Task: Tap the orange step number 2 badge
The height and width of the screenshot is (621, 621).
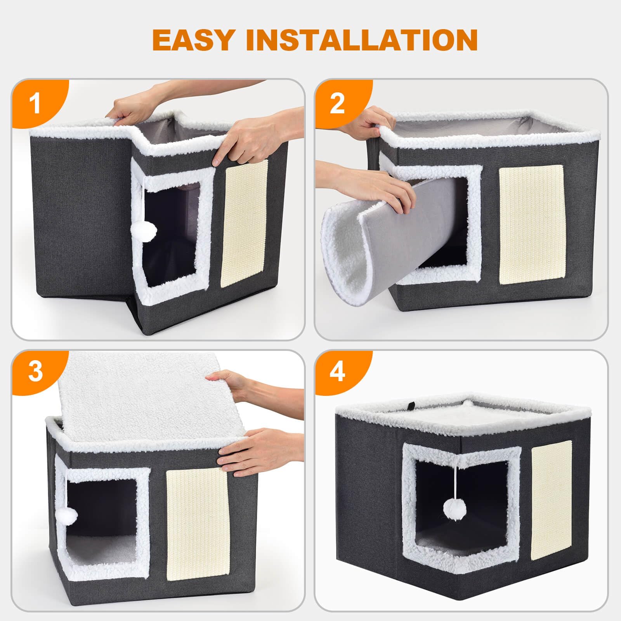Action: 337,104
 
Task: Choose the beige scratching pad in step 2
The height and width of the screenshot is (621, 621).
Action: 531,224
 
